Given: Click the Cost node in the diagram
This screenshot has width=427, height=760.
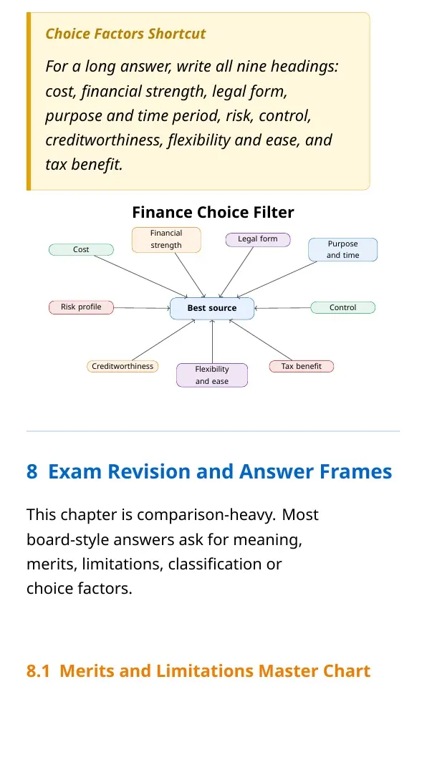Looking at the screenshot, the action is [x=81, y=249].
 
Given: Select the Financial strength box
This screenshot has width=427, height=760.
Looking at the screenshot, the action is [x=166, y=239].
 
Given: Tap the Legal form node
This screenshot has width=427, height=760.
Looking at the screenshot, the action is [x=258, y=239].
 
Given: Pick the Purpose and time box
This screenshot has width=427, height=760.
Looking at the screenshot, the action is [x=342, y=249].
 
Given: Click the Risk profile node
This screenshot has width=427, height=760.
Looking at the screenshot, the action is [x=81, y=307].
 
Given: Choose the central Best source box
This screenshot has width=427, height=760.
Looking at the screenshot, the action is [x=212, y=308].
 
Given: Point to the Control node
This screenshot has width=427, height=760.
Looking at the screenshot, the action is [x=342, y=308].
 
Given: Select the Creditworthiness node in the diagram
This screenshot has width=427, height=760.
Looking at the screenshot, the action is [x=123, y=367].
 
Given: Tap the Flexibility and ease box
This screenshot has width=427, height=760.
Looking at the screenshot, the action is [x=212, y=375].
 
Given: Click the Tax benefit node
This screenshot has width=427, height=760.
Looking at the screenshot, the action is [x=302, y=367].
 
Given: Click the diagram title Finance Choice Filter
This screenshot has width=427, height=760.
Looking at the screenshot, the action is [x=214, y=212].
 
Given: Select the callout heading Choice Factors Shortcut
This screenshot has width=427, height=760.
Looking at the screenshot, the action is [x=125, y=34].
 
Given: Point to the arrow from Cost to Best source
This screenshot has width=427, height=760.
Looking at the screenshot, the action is [x=141, y=276].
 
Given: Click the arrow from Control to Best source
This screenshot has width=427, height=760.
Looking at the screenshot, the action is [x=282, y=308].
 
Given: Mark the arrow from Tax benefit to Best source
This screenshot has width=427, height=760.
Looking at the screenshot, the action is [x=261, y=340].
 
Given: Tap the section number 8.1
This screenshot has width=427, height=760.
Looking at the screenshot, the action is [x=38, y=671].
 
